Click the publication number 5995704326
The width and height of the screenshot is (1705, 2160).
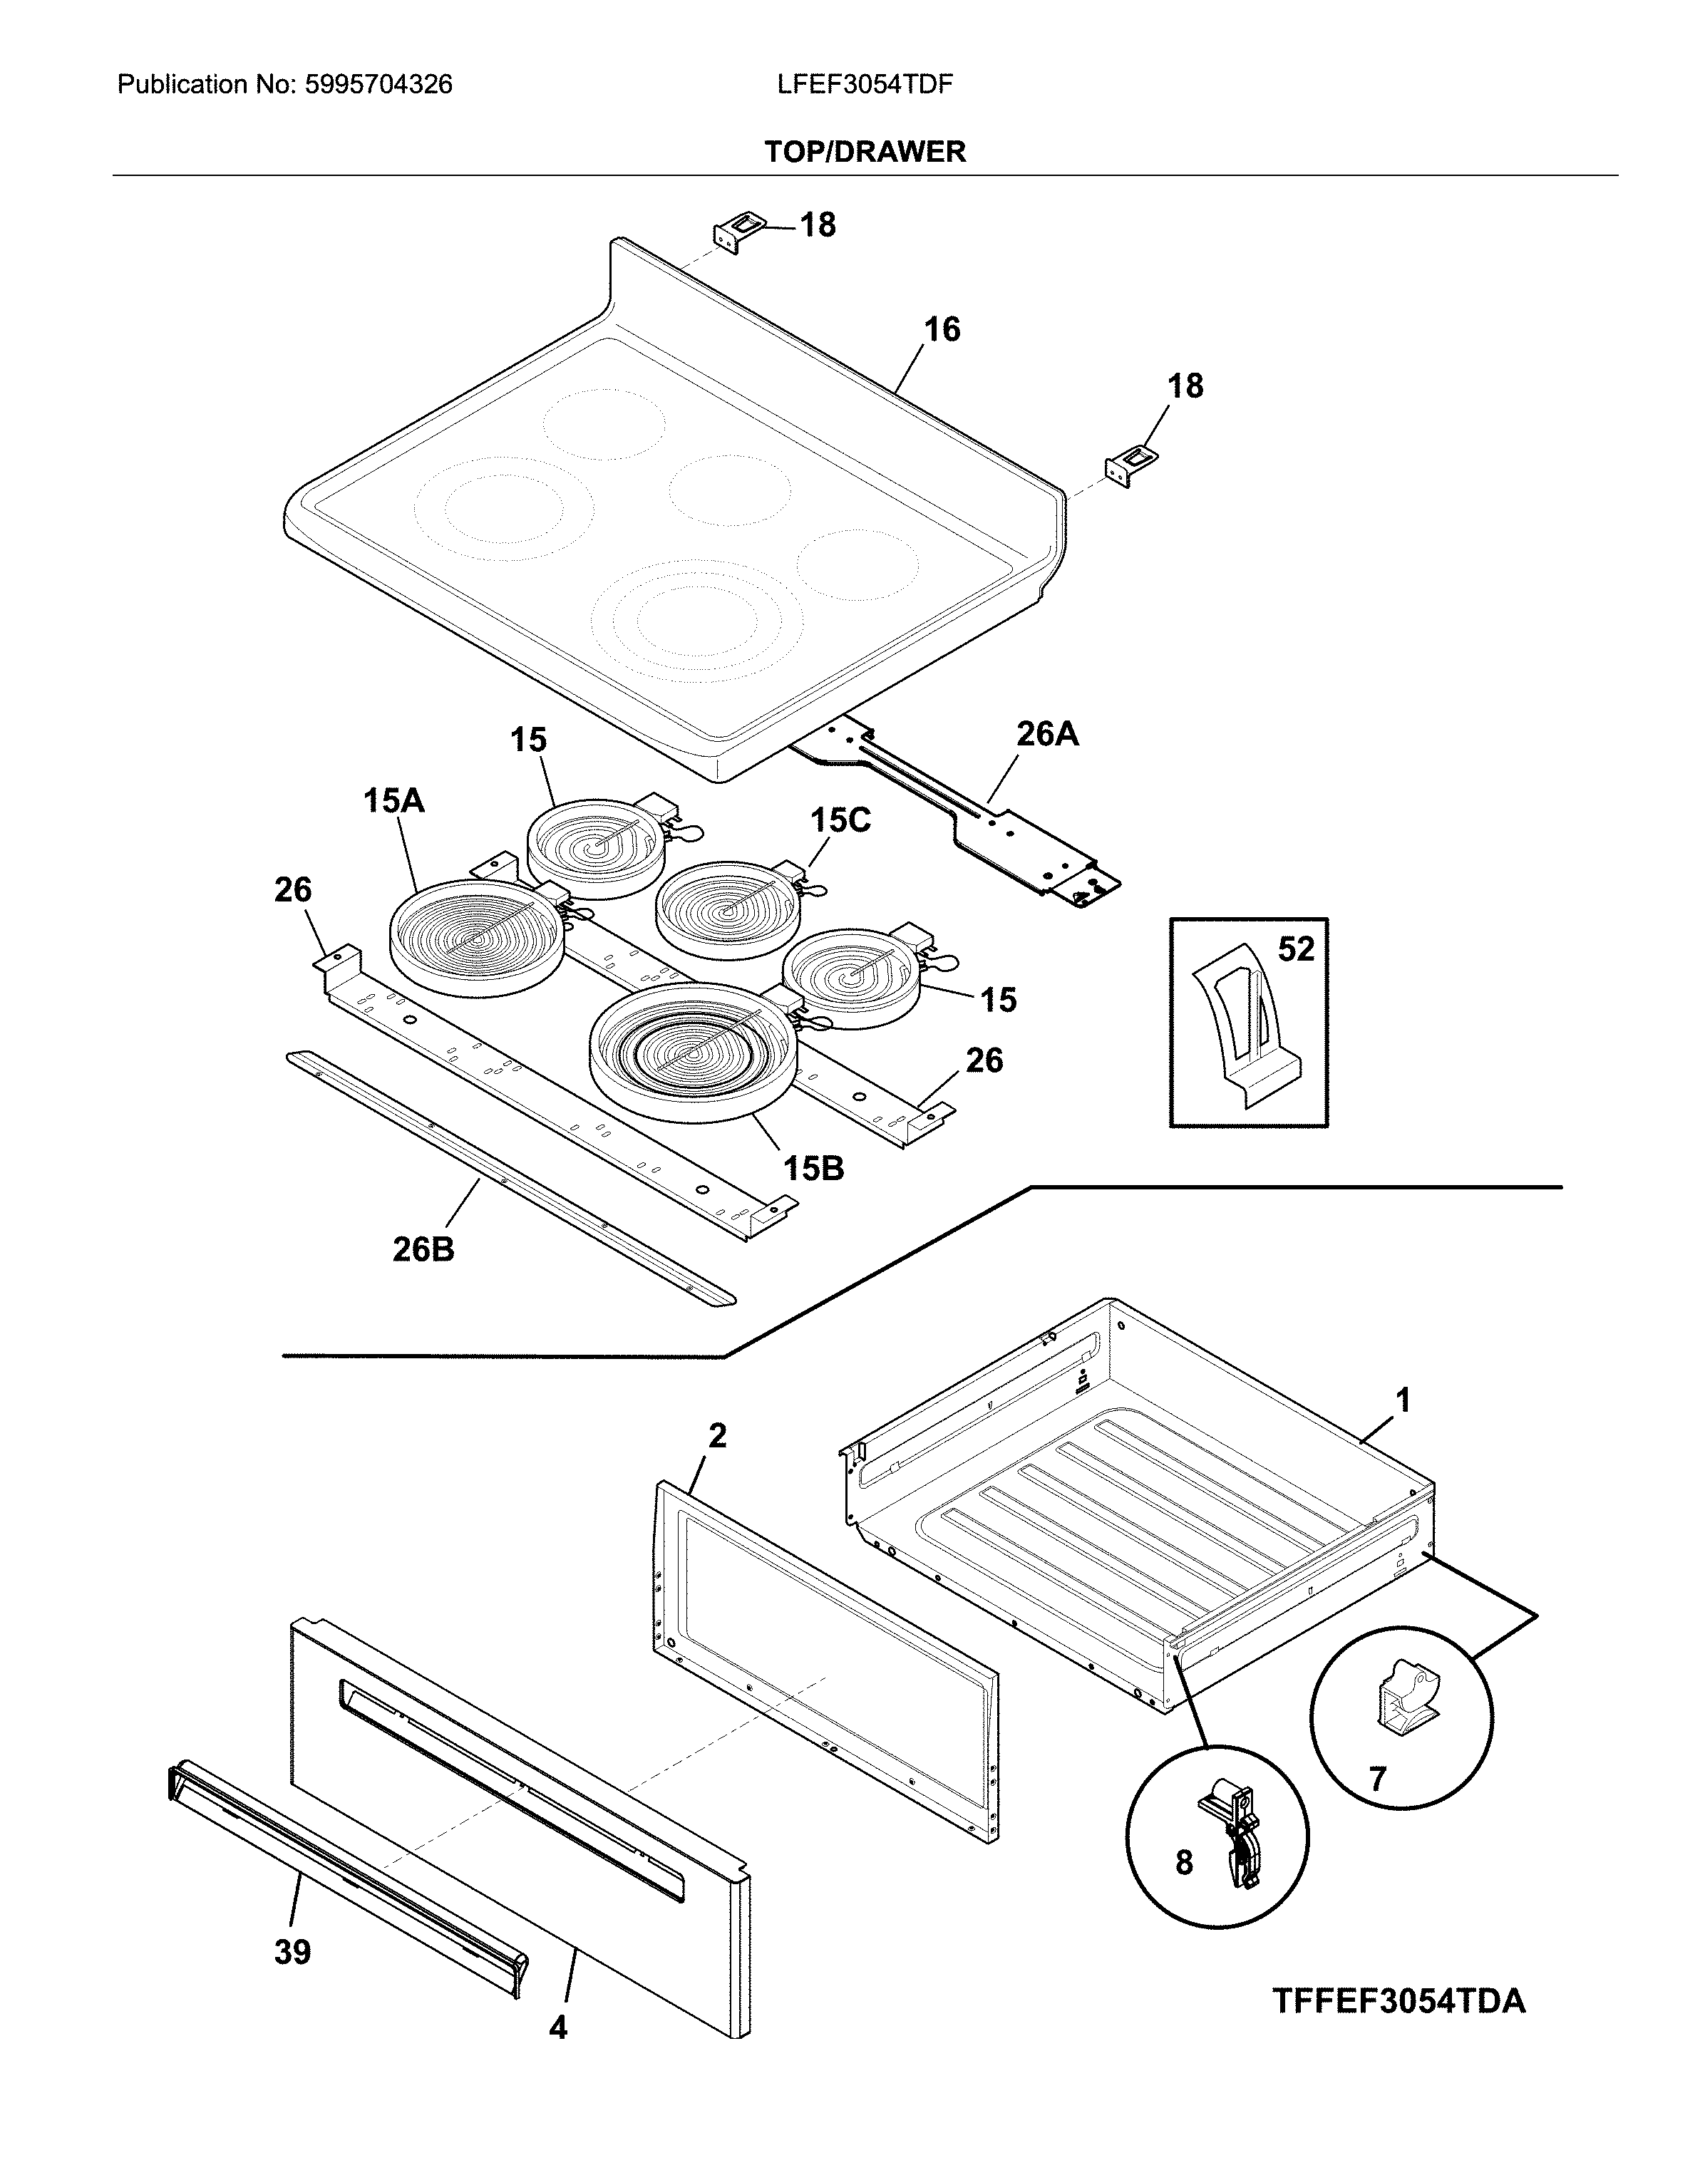378,85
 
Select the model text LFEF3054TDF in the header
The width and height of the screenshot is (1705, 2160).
865,85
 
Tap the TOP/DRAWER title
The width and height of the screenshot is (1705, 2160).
865,152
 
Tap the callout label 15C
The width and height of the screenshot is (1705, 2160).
840,820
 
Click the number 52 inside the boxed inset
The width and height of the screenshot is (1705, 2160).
1296,949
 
